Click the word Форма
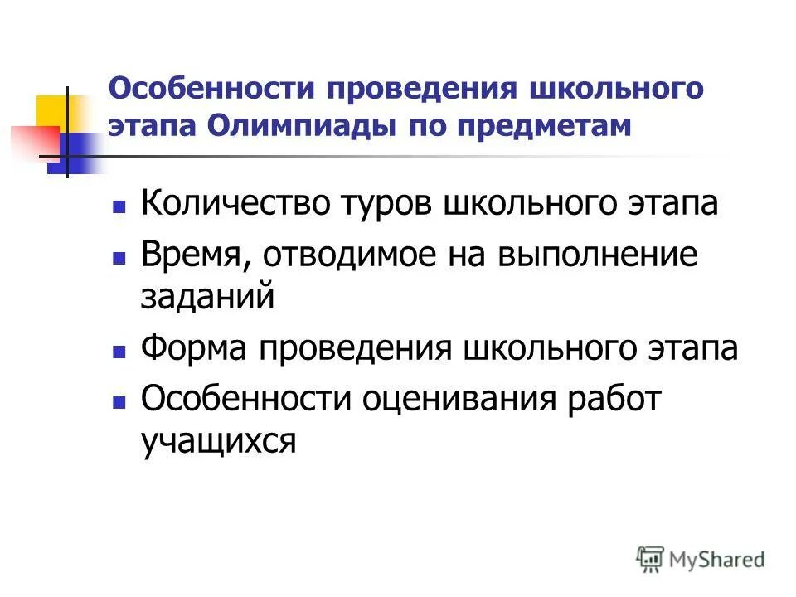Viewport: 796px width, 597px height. [x=192, y=349]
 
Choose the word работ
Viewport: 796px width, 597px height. [x=613, y=400]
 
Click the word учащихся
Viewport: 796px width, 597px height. [x=218, y=442]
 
